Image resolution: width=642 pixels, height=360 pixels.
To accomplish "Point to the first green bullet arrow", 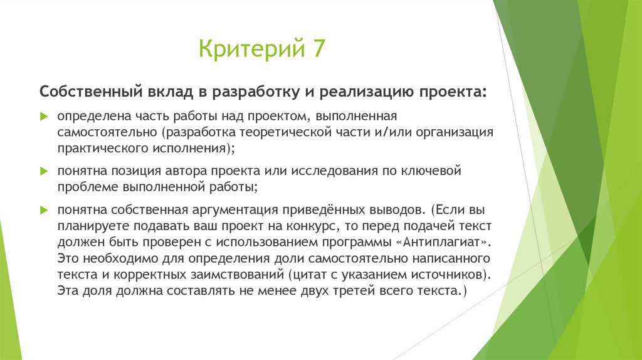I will [x=44, y=117].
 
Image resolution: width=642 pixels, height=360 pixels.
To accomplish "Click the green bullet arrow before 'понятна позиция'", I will [x=44, y=171].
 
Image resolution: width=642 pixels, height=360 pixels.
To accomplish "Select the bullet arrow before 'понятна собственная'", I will [x=44, y=209].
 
